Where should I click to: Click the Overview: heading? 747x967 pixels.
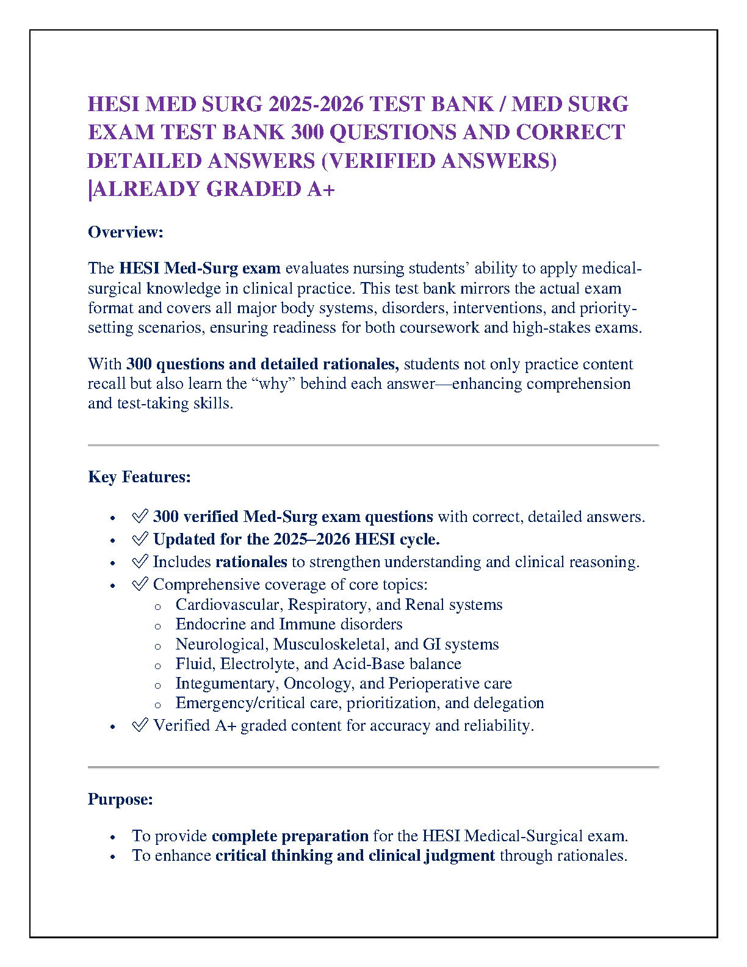pyautogui.click(x=126, y=232)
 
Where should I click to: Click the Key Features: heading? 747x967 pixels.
pyautogui.click(x=139, y=477)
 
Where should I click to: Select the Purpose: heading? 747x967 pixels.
pyautogui.click(x=120, y=799)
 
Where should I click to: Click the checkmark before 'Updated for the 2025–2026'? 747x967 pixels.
pyautogui.click(x=140, y=539)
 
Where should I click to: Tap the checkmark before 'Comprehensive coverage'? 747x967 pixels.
pyautogui.click(x=140, y=584)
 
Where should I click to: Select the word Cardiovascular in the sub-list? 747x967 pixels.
pyautogui.click(x=228, y=604)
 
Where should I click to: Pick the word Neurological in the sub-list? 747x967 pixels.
pyautogui.click(x=221, y=644)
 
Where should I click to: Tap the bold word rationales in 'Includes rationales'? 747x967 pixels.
pyautogui.click(x=251, y=562)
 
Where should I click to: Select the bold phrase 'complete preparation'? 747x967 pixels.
pyautogui.click(x=290, y=836)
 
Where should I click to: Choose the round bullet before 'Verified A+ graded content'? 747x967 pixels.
pyautogui.click(x=112, y=726)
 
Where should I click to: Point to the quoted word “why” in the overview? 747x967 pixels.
pyautogui.click(x=274, y=383)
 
